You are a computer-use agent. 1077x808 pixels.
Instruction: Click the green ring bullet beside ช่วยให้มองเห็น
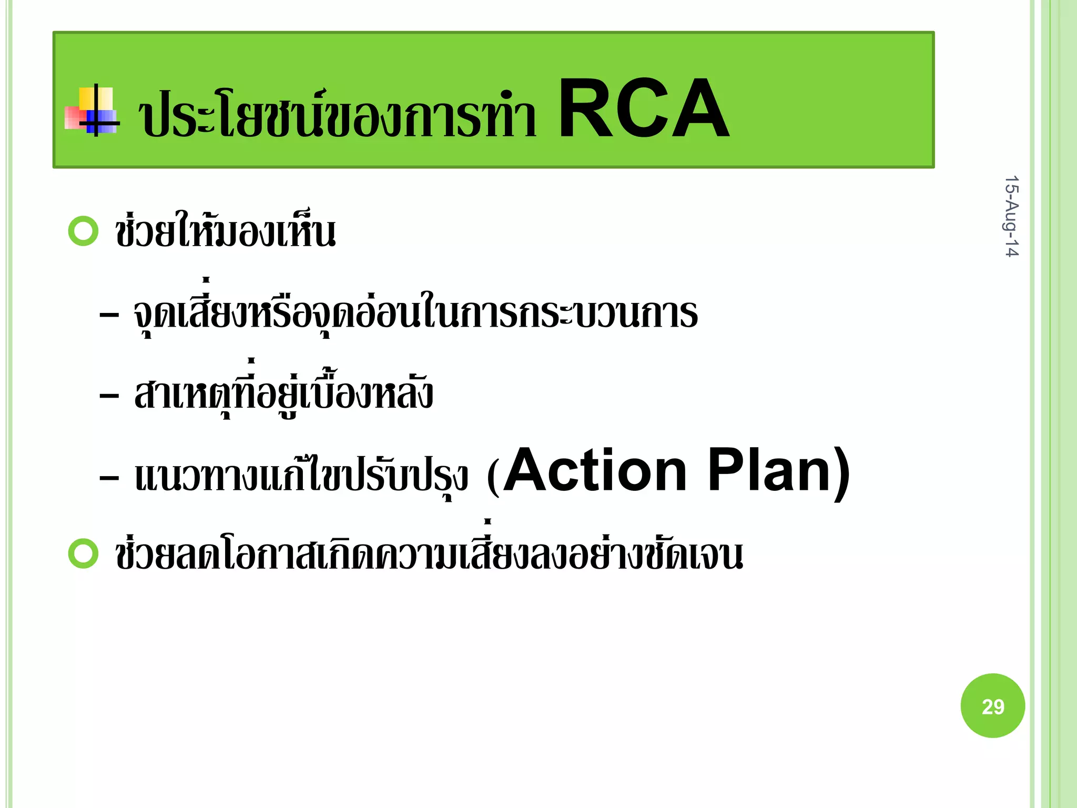84,231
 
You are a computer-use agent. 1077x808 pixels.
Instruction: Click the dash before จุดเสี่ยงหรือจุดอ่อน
109,316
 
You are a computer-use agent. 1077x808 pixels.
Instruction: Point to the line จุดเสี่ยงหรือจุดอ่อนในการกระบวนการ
415,313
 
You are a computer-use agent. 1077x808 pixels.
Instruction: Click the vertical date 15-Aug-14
1011,216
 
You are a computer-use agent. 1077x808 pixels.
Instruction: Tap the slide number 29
993,707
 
